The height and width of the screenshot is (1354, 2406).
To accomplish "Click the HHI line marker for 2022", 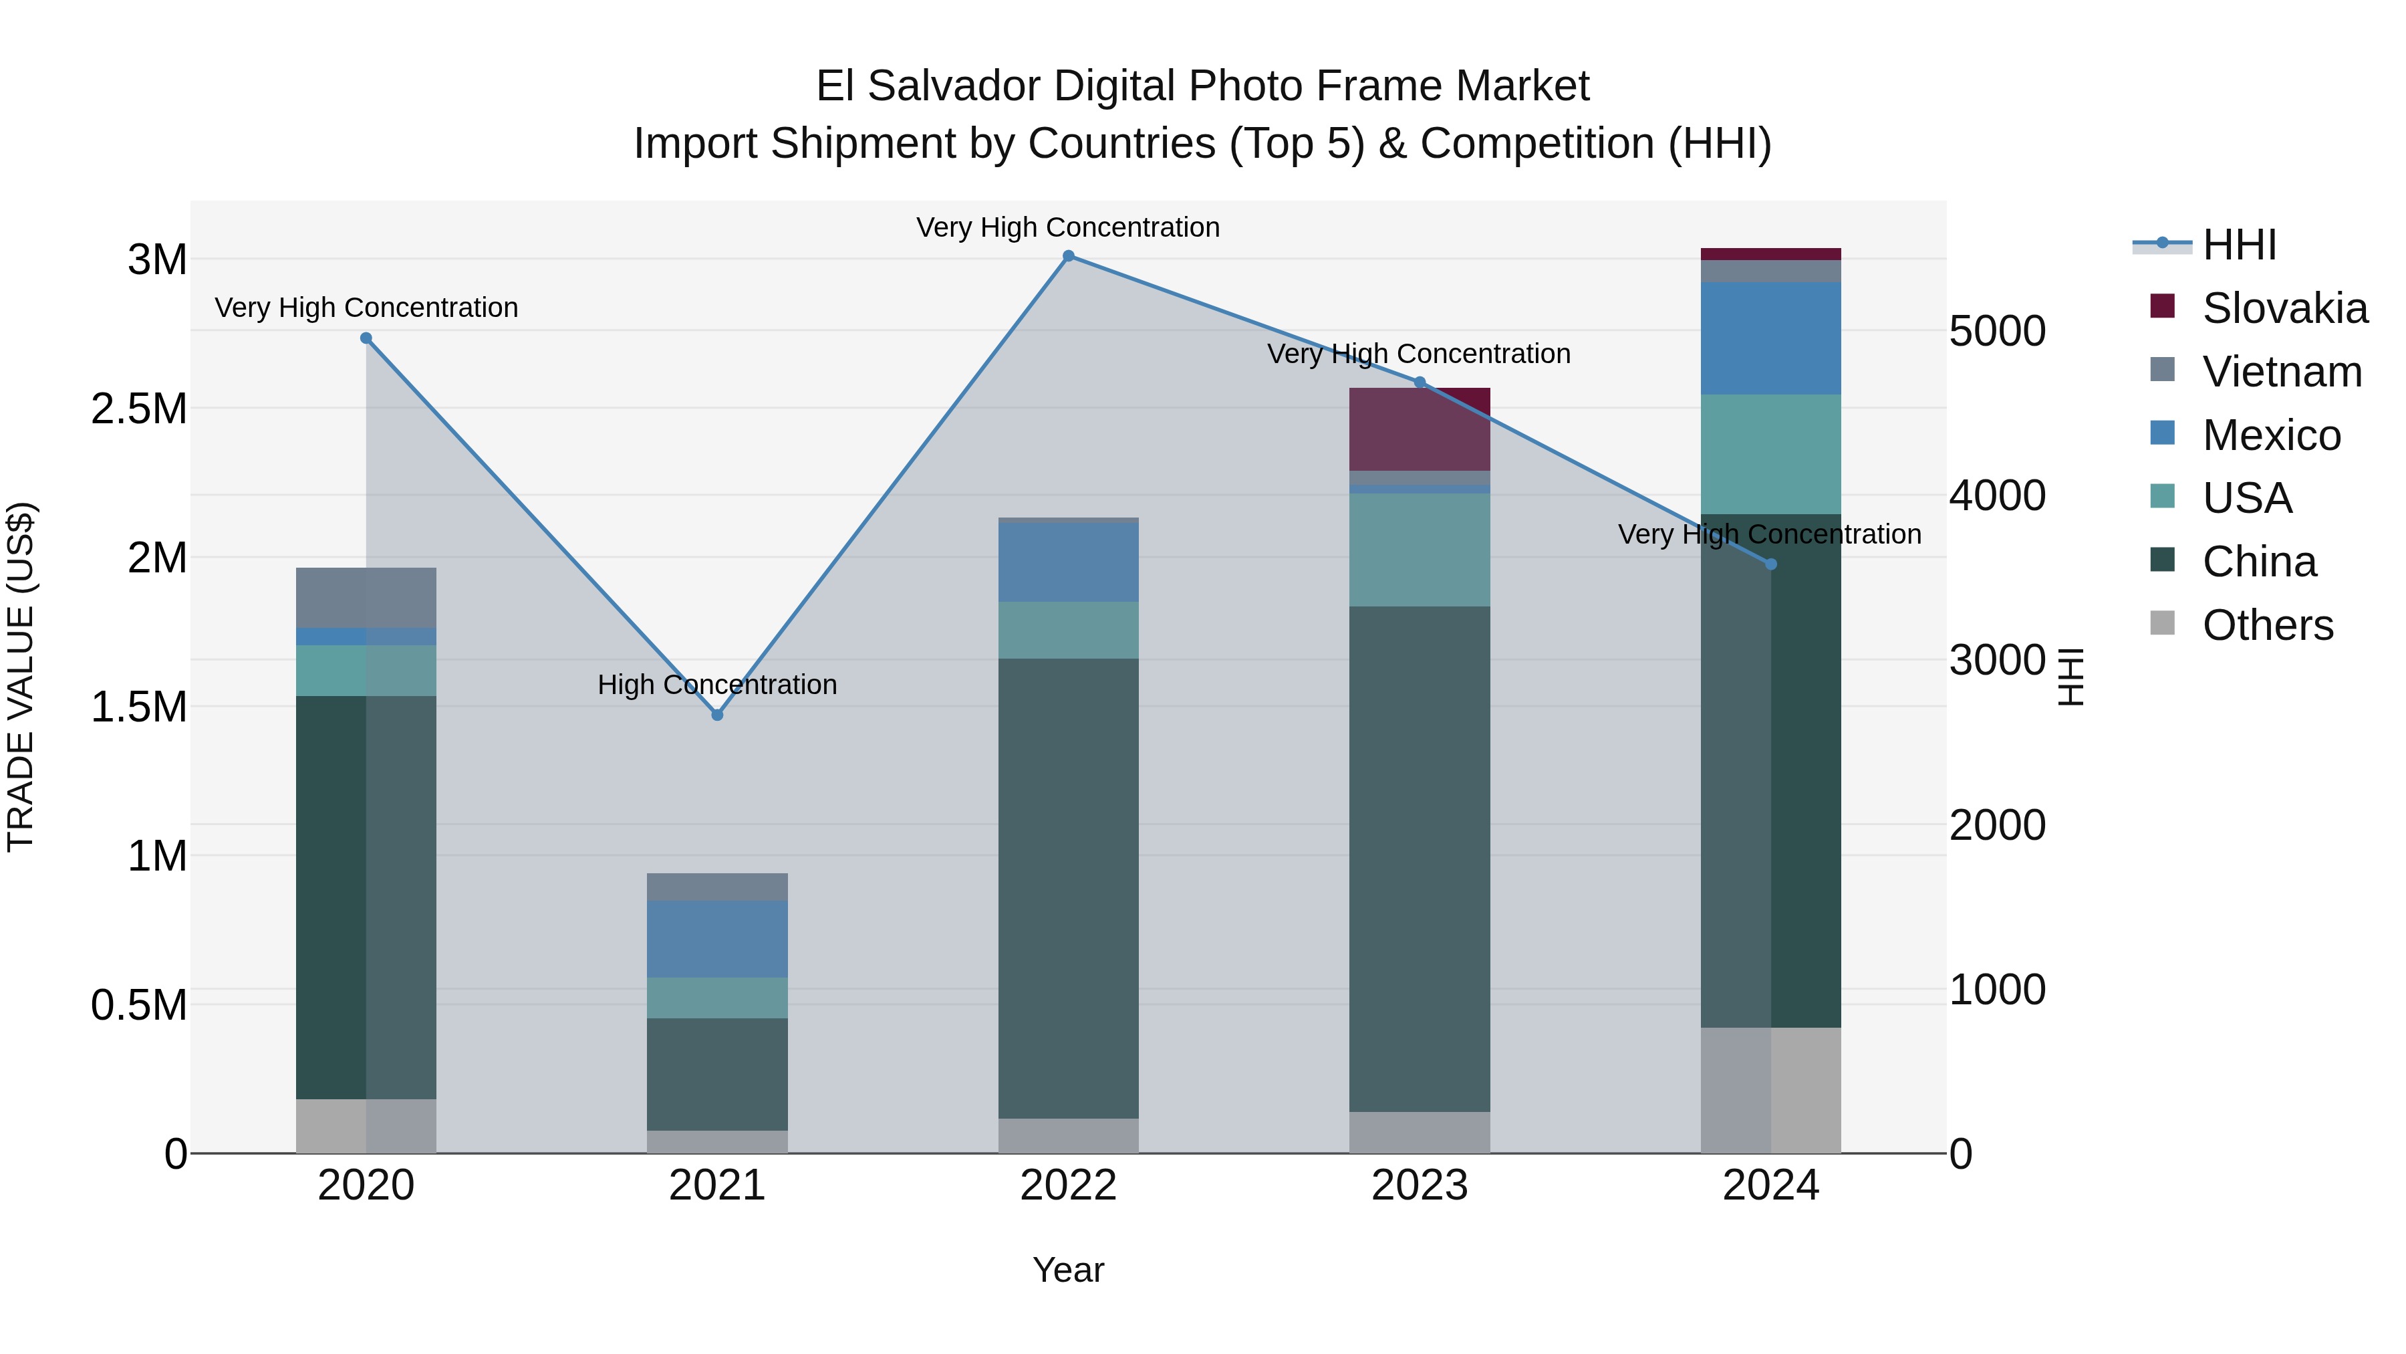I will pos(1069,256).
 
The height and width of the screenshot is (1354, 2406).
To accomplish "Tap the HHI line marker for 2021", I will pos(717,715).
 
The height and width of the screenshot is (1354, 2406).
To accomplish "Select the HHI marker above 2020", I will pos(366,338).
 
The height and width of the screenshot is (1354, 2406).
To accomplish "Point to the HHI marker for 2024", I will pos(1771,564).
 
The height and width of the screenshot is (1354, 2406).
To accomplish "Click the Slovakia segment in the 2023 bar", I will pos(1420,429).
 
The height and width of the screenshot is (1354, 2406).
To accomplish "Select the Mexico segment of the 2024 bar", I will pos(1771,338).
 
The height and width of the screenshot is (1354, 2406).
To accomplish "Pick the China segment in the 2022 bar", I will pos(1069,888).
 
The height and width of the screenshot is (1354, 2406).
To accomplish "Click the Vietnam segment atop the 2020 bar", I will pos(366,597).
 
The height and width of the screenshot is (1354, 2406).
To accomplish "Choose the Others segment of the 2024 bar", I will pos(1771,1090).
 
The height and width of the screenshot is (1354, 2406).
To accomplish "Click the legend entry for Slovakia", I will pos(2284,308).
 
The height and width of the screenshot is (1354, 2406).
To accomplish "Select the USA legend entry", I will pos(2246,498).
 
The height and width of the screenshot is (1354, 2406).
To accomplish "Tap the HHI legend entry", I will pos(2239,245).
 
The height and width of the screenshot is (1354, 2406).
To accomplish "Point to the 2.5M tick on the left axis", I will pos(138,409).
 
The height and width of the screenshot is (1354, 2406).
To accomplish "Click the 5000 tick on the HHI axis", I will pos(1997,331).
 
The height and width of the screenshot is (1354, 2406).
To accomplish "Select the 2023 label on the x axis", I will pos(1420,1186).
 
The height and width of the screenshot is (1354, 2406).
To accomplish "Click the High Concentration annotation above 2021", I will pos(717,685).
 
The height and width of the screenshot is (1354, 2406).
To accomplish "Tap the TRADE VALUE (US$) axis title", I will pos(21,677).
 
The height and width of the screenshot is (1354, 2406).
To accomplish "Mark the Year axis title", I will pos(1069,1270).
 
